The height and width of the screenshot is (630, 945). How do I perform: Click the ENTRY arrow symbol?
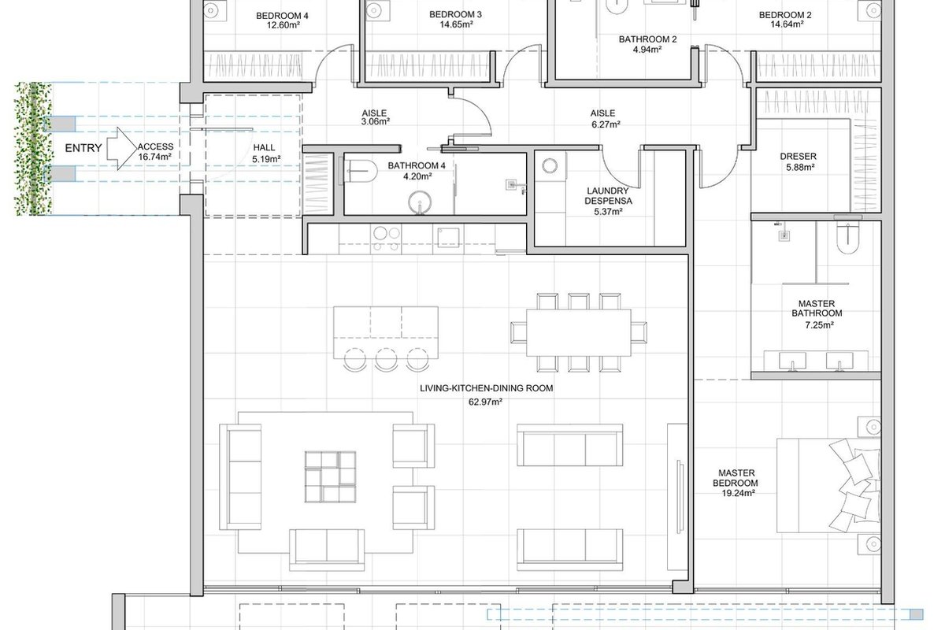[122, 149]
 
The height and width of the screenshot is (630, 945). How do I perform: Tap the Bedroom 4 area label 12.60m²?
[283, 25]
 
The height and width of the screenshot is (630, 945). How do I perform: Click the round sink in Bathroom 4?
[421, 202]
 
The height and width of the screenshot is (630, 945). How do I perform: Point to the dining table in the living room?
[578, 332]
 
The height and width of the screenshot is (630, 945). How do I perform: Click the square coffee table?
[330, 476]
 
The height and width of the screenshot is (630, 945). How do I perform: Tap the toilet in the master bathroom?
[847, 238]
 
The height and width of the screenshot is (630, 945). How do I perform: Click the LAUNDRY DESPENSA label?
[608, 196]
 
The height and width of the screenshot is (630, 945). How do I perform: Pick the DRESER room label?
[798, 156]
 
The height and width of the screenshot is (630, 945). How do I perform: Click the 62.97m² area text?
[485, 402]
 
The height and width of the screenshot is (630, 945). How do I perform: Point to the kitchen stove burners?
[387, 239]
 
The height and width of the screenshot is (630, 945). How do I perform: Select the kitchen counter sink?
[448, 238]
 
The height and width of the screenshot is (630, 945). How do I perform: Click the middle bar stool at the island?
[386, 360]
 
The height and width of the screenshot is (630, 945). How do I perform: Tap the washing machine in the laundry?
[550, 165]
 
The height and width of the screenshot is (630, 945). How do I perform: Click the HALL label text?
[264, 148]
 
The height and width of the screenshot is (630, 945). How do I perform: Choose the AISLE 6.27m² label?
[605, 119]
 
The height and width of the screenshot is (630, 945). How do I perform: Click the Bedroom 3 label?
[455, 14]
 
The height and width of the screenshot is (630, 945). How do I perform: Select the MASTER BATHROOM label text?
[817, 309]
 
